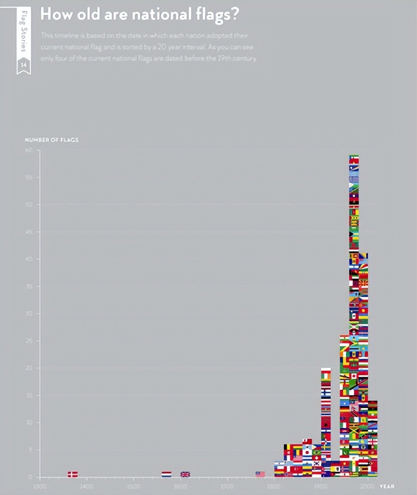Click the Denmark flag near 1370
(73, 474)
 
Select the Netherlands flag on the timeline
(167, 474)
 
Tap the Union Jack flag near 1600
(185, 474)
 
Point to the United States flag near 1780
(260, 474)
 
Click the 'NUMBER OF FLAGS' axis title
(51, 140)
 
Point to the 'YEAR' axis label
(387, 486)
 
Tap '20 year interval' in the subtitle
(182, 46)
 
